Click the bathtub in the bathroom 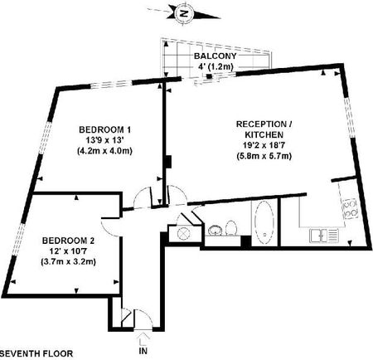[264, 223]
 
